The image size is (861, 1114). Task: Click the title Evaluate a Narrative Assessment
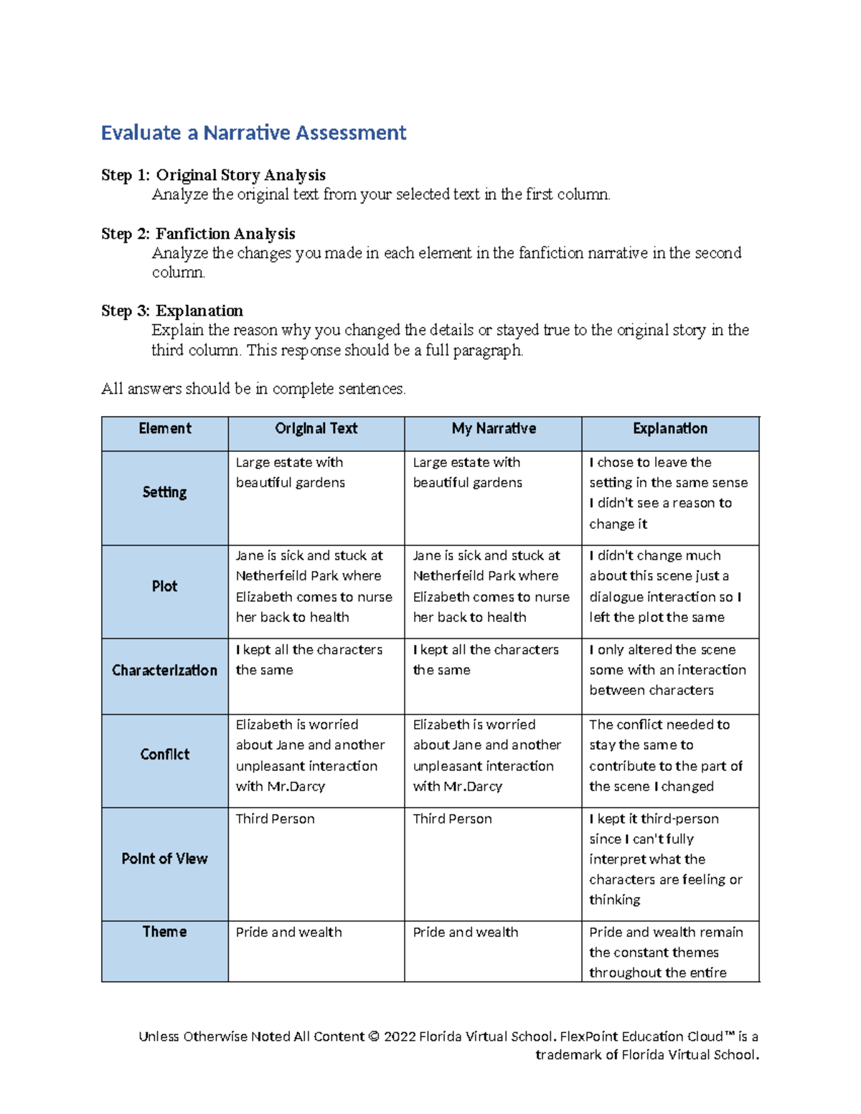coord(253,133)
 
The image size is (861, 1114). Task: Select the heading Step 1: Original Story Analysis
coord(213,175)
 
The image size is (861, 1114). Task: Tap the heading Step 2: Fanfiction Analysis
coord(198,234)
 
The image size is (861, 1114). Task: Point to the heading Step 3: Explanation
coord(172,311)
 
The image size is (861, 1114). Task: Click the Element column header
coord(165,429)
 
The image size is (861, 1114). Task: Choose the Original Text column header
coord(316,429)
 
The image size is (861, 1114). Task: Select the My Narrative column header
coord(494,429)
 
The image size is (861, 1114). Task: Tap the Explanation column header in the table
coord(670,429)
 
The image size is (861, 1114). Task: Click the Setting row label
coord(164,492)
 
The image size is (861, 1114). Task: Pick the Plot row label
coord(164,586)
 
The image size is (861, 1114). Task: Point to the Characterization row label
coord(164,670)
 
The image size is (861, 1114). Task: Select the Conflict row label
coord(164,754)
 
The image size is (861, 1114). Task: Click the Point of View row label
coord(164,859)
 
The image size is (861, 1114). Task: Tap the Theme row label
coord(164,932)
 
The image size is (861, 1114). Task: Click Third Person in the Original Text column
coord(276,819)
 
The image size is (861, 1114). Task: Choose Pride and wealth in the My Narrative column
coord(466,933)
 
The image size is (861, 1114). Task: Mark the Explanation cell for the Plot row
coord(665,586)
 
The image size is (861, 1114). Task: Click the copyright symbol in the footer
coord(374,1037)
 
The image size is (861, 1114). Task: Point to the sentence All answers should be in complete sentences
coord(253,389)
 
